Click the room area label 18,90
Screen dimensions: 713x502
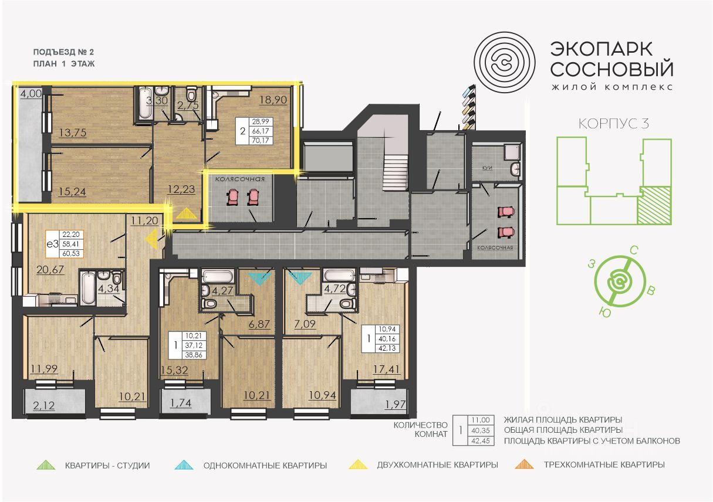pos(273,100)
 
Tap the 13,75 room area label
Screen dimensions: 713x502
pos(73,133)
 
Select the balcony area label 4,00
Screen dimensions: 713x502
pos(31,93)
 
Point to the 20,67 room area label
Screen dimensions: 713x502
pos(50,269)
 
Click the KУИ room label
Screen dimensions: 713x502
pos(487,168)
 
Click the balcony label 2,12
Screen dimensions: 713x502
pos(44,406)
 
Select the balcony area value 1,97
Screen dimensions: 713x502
pos(396,405)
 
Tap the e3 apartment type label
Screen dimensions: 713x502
pos(52,244)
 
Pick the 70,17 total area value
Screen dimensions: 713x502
pos(261,140)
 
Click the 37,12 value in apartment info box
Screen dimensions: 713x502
pos(194,345)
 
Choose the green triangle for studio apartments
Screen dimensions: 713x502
pos(46,465)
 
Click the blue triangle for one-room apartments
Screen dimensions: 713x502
pos(184,465)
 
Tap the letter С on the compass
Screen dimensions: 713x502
pos(634,251)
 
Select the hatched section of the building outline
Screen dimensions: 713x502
pos(655,205)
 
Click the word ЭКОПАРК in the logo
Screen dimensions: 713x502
pos(602,49)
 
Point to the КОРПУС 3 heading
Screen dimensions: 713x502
pos(613,123)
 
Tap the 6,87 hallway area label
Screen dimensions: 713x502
pos(259,324)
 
